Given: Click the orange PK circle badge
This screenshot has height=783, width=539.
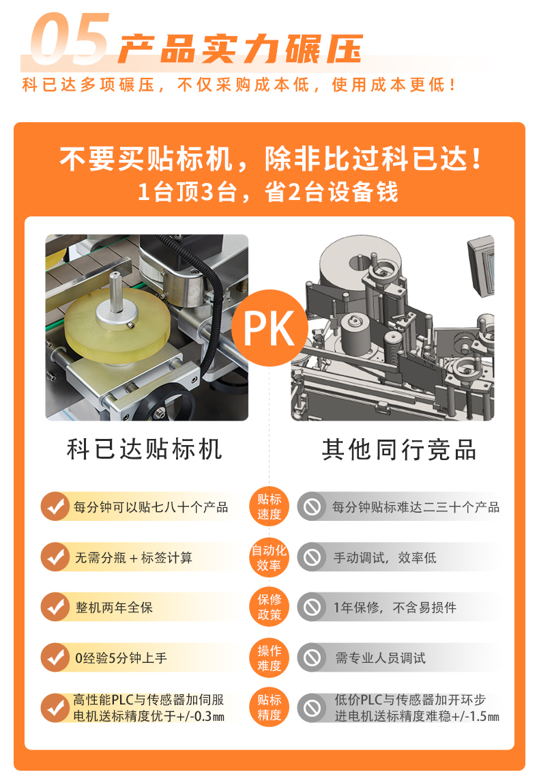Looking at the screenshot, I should (269, 328).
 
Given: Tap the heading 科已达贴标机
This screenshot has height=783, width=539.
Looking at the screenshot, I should (145, 449).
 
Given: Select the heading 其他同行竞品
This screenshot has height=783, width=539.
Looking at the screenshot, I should (399, 449).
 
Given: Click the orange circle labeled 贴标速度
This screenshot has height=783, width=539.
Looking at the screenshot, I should (269, 507).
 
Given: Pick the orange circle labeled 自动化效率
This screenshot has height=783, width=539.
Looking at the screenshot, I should (269, 557).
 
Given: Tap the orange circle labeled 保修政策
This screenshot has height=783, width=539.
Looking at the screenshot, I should (269, 607).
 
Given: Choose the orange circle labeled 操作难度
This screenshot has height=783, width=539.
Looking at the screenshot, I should (269, 657).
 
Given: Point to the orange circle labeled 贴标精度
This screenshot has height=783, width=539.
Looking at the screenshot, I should (269, 707).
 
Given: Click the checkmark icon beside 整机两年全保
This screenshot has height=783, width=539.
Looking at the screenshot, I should (55, 607).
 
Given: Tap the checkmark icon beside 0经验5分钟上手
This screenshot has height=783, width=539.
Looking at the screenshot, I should (55, 657).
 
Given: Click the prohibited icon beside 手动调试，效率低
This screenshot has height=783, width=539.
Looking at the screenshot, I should (312, 557).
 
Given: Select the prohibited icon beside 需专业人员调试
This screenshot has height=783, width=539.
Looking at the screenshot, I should (312, 657).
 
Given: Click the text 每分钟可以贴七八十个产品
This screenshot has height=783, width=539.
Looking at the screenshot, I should (151, 507).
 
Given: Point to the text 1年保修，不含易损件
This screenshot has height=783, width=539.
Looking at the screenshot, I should (395, 608).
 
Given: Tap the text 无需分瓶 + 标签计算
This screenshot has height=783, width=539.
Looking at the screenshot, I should (134, 558).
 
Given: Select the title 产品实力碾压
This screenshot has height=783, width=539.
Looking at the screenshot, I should (239, 48).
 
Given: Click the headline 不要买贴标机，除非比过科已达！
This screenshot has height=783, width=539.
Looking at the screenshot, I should (270, 159).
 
